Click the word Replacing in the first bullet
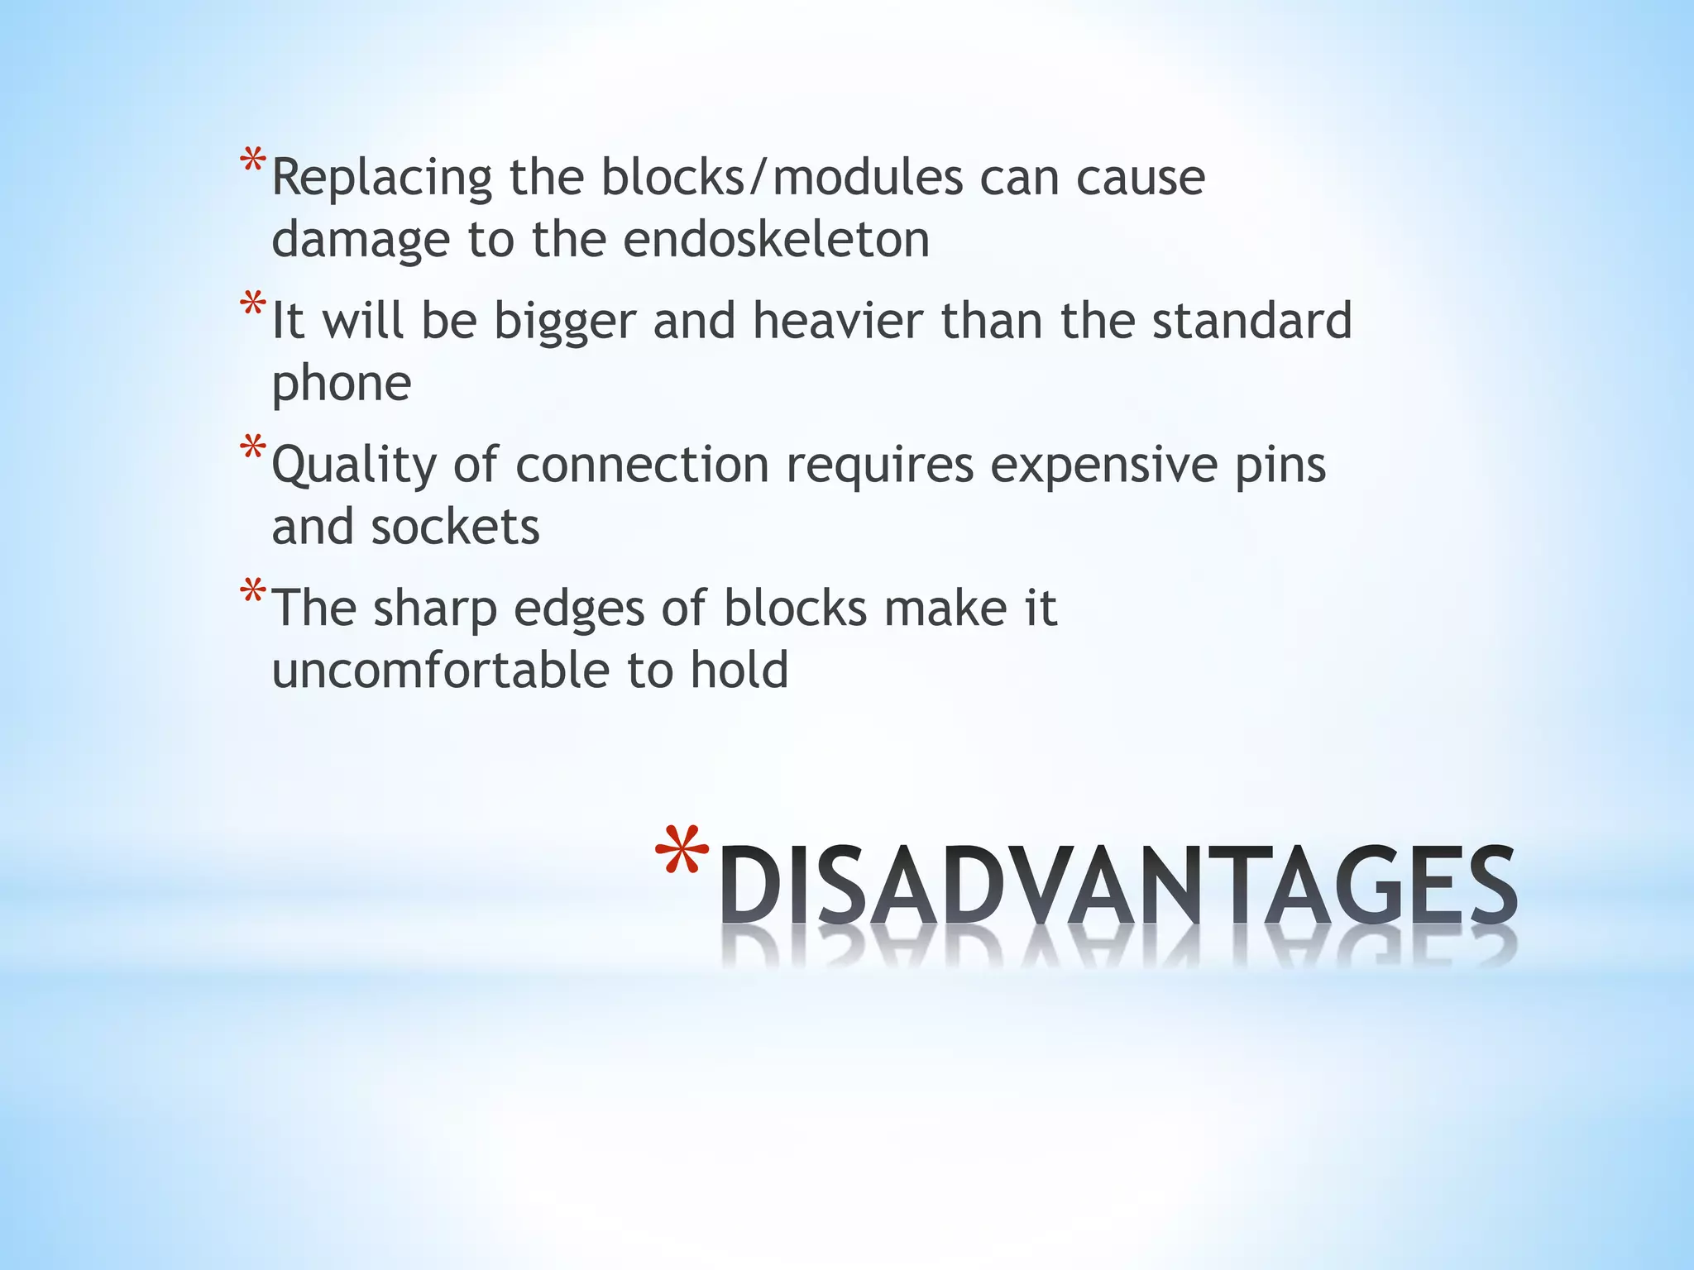click(382, 179)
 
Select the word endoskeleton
click(776, 239)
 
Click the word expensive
click(1103, 466)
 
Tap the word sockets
click(455, 527)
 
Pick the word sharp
click(435, 610)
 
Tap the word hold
click(739, 670)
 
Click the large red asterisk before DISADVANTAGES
click(682, 852)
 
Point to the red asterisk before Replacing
click(253, 161)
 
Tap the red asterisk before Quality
click(253, 449)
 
